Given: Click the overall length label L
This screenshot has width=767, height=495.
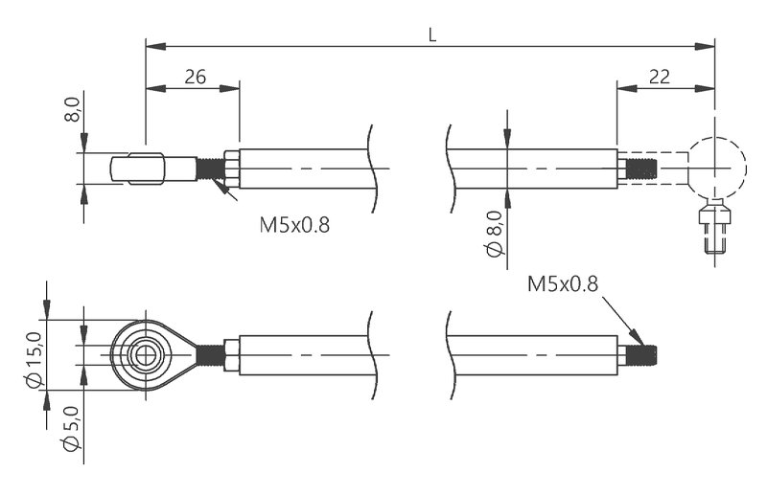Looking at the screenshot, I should click(x=432, y=34).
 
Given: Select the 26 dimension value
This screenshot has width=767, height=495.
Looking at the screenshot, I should click(x=195, y=78).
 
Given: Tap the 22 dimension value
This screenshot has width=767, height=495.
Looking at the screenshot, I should click(x=659, y=78).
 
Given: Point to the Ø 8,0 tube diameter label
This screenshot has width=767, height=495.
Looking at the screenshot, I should click(x=495, y=235).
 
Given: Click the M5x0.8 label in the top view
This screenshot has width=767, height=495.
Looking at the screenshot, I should click(x=294, y=226).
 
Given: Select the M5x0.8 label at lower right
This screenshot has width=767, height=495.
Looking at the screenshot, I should click(x=562, y=283).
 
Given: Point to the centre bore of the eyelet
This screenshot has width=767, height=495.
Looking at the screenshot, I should click(x=145, y=355).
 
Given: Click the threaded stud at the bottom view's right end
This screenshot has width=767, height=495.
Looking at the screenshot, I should click(x=645, y=356).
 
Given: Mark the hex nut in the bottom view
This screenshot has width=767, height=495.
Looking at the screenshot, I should click(x=231, y=355).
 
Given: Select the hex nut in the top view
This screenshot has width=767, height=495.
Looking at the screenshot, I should click(x=231, y=169).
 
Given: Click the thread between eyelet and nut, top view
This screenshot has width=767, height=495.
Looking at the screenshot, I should click(x=210, y=169).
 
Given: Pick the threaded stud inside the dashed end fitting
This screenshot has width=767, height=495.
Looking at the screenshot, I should click(x=639, y=169).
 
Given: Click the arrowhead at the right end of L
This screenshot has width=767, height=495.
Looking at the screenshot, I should click(x=709, y=44).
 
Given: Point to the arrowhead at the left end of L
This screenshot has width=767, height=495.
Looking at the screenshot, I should click(x=151, y=44).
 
